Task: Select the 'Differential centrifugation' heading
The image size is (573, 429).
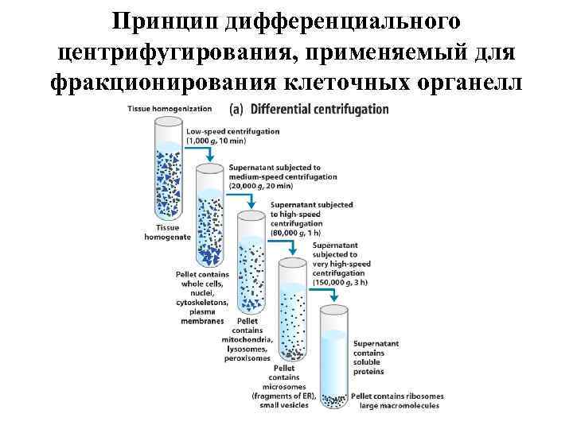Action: (320, 108)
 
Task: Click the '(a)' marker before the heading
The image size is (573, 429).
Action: (237, 108)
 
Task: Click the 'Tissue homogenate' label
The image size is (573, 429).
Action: (168, 232)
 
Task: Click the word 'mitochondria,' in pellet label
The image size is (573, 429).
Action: (248, 340)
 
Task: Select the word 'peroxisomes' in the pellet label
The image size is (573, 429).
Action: (248, 358)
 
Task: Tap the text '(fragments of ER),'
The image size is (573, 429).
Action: (284, 396)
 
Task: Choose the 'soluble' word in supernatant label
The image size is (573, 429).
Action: (368, 361)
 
